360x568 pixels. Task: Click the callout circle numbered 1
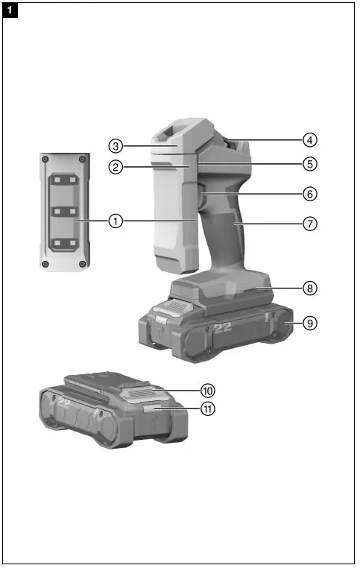tap(116, 221)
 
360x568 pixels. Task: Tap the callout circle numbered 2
tap(116, 168)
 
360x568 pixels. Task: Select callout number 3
tap(116, 145)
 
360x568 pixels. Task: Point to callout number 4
tap(310, 139)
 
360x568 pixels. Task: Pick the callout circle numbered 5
tap(310, 162)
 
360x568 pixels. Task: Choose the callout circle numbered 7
tap(310, 223)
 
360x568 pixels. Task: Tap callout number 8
tap(310, 287)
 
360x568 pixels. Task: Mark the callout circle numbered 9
tap(310, 323)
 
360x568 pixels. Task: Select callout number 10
tap(206, 390)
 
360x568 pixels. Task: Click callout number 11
tap(206, 408)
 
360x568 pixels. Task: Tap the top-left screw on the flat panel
tap(46, 160)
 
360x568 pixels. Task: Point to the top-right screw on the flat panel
tap(82, 160)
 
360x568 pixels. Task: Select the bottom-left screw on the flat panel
tap(46, 263)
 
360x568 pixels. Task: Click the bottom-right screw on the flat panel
tap(82, 263)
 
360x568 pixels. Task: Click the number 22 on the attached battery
tap(223, 327)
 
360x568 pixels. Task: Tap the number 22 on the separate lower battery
tap(64, 403)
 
